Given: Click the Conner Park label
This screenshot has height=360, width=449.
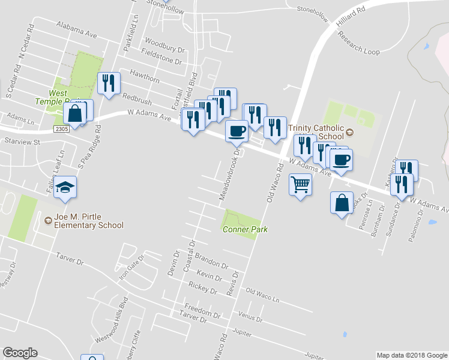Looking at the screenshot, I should click(245, 229).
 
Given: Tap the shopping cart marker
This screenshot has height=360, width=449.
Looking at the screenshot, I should click(300, 185).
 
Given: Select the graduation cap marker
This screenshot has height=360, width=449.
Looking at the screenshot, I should click(65, 188).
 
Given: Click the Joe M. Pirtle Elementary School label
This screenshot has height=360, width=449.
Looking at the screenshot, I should click(88, 221).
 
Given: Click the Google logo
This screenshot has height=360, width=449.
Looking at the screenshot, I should click(20, 353).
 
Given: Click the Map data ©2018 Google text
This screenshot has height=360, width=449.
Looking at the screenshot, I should click(411, 355).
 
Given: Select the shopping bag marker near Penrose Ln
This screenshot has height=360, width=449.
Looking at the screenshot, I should click(342, 203).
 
